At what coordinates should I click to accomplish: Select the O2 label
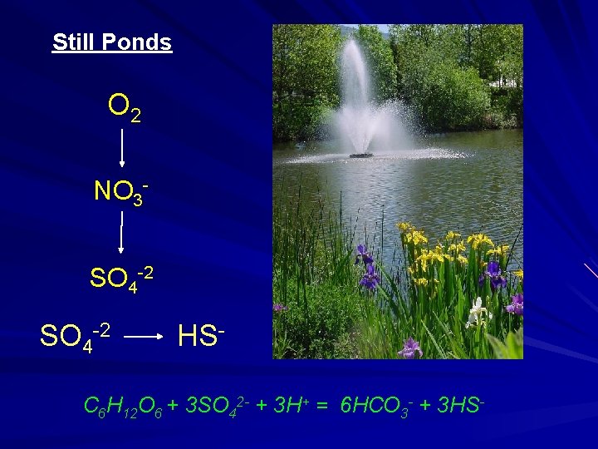[124, 107]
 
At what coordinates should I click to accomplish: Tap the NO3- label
[120, 191]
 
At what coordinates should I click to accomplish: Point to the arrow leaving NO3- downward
[122, 233]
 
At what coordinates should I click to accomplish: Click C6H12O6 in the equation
[123, 407]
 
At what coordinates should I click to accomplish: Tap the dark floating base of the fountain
[361, 155]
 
